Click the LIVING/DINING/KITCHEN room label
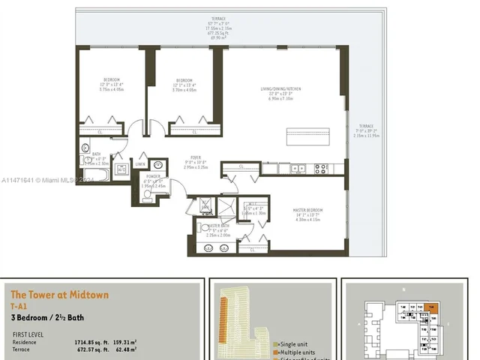point(281,88)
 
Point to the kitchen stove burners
point(319,169)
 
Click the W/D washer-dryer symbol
point(120,169)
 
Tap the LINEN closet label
point(140,162)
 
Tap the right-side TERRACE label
point(365,126)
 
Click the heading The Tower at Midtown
point(59,295)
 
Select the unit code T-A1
point(20,307)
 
